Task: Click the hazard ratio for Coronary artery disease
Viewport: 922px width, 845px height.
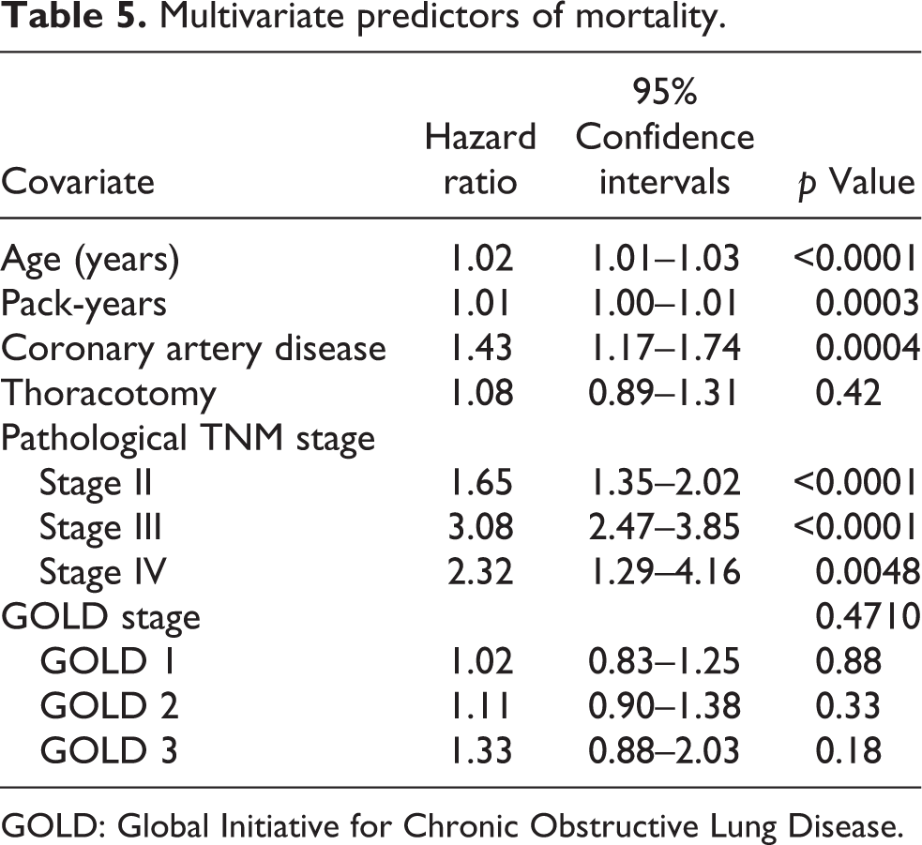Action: [480, 348]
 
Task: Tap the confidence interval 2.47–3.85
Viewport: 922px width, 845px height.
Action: [664, 527]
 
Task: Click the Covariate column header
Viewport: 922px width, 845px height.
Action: [78, 181]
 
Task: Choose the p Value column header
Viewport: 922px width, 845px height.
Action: [856, 182]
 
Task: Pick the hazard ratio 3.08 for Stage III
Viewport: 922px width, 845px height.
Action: [480, 527]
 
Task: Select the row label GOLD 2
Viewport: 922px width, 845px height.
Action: [109, 705]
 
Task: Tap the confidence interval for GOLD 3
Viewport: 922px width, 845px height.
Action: [664, 750]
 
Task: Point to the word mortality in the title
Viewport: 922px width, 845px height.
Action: [649, 18]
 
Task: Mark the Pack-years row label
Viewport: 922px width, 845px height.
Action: [83, 305]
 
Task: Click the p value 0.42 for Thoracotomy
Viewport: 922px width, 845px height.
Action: [848, 393]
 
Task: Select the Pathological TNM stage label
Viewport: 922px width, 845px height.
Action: [189, 439]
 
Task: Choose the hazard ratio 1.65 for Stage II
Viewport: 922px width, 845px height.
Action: [480, 482]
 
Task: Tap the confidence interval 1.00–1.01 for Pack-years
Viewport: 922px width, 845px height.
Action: [664, 304]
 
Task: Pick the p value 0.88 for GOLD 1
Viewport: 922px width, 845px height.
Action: [848, 661]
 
